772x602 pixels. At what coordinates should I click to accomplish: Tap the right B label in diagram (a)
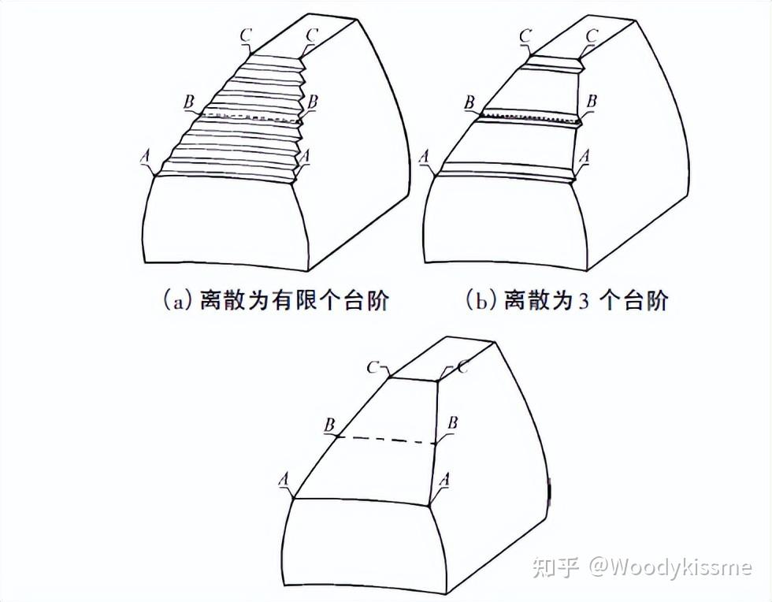point(314,101)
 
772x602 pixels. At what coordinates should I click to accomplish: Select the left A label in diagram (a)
point(144,158)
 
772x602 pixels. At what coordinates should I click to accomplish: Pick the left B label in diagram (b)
point(470,102)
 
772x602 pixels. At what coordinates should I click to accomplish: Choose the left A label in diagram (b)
point(425,158)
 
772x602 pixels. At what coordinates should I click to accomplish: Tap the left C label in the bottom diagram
point(374,367)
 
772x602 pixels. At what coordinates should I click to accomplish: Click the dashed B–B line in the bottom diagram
point(386,440)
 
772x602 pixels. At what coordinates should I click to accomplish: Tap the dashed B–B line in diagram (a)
point(252,118)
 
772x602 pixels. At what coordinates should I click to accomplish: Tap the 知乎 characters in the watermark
point(555,567)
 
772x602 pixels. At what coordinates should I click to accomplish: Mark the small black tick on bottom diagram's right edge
point(550,489)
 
